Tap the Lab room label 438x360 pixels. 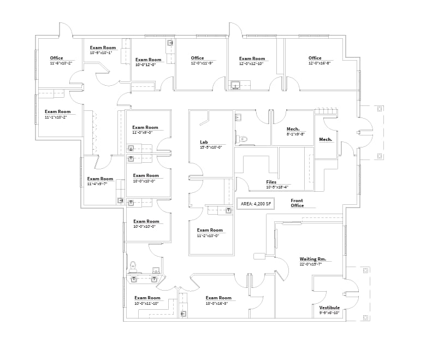pyautogui.click(x=204, y=142)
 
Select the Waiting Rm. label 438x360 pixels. pyautogui.click(x=312, y=259)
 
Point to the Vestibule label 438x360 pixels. pyautogui.click(x=329, y=308)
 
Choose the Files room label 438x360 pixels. pyautogui.click(x=271, y=182)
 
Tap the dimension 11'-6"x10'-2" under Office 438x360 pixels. pyautogui.click(x=61, y=63)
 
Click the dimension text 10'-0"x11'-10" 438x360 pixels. pyautogui.click(x=147, y=303)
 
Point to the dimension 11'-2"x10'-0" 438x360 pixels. pyautogui.click(x=208, y=235)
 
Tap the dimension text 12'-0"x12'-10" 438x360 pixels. pyautogui.click(x=252, y=63)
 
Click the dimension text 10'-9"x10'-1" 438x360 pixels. pyautogui.click(x=100, y=53)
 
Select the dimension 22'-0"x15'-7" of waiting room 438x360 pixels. pyautogui.click(x=310, y=264)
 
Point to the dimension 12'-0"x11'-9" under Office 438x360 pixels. pyautogui.click(x=202, y=63)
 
